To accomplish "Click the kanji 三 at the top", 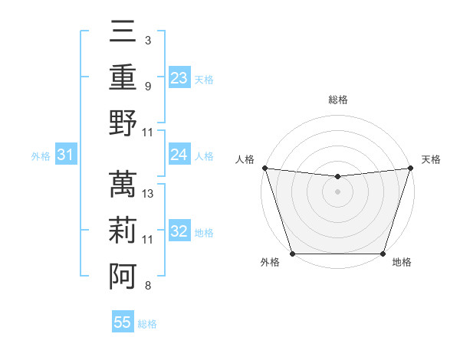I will (123, 34).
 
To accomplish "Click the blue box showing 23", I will (179, 77).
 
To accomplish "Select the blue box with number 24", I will (179, 155).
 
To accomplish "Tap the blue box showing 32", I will (179, 231).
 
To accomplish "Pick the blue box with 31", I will (66, 155).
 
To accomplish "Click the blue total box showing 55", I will (123, 322).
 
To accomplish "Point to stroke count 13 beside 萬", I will (149, 194).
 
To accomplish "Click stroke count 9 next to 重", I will (148, 87).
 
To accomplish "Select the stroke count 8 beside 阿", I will (148, 286).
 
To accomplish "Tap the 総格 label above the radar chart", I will (337, 100).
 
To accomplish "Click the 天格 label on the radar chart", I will (432, 159).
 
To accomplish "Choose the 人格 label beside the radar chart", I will (244, 159).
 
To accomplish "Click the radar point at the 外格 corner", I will (292, 254).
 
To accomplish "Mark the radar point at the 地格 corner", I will (383, 254).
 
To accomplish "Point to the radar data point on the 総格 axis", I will (337, 177).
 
